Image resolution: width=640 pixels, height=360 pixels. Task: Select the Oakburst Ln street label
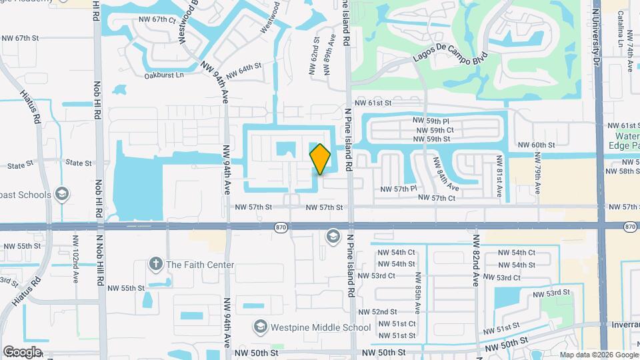[x=164, y=75]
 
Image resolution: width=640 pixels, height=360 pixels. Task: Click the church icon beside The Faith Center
[x=156, y=265]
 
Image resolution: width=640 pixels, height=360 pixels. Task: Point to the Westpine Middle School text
[x=321, y=327]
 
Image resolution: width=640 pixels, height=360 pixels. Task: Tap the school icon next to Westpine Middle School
[x=260, y=327]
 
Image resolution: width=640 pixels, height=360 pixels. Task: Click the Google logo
[x=22, y=352]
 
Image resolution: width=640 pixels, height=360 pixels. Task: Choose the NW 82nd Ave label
[x=476, y=261]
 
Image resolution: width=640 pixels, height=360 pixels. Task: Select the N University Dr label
[x=596, y=33]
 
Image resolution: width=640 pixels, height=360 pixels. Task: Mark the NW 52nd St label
[x=377, y=312]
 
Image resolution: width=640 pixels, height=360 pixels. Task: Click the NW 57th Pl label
[x=399, y=189]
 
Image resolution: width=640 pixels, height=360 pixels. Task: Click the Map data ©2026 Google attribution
[x=598, y=355]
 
